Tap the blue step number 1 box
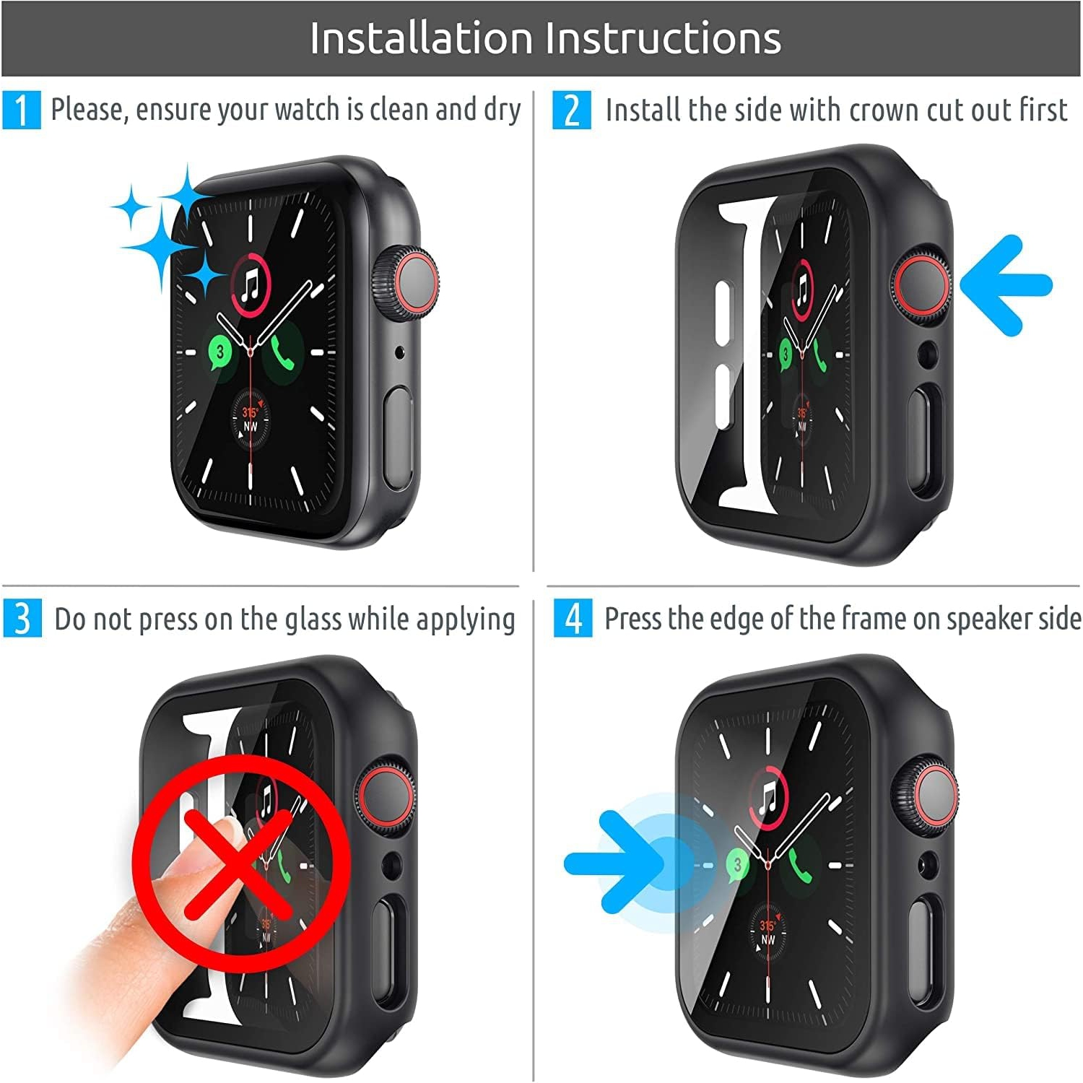coord(21,110)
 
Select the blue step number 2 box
coord(571,110)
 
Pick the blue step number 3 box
coord(22,619)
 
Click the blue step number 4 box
coord(573,619)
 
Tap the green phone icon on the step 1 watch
coord(282,352)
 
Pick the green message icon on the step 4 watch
coord(737,864)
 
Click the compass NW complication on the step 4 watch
coord(767,932)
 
